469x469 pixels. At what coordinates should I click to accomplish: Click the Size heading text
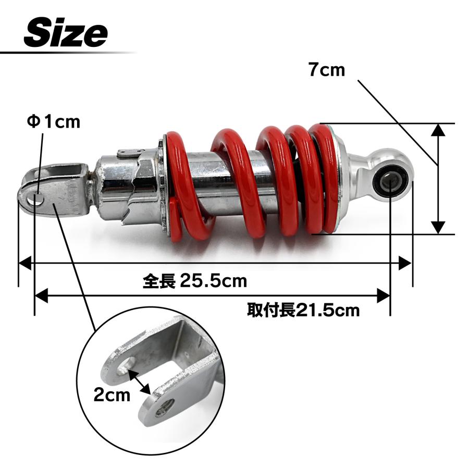click(x=66, y=32)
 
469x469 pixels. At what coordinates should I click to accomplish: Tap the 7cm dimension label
click(x=327, y=70)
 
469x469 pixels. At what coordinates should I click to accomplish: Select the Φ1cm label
click(x=54, y=122)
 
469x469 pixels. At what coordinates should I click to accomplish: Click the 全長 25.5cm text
click(x=195, y=281)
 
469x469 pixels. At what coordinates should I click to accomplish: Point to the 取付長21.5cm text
click(x=303, y=310)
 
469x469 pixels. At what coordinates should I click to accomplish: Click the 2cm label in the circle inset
click(x=112, y=394)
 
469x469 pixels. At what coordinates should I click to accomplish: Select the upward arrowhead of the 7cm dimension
click(x=438, y=130)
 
